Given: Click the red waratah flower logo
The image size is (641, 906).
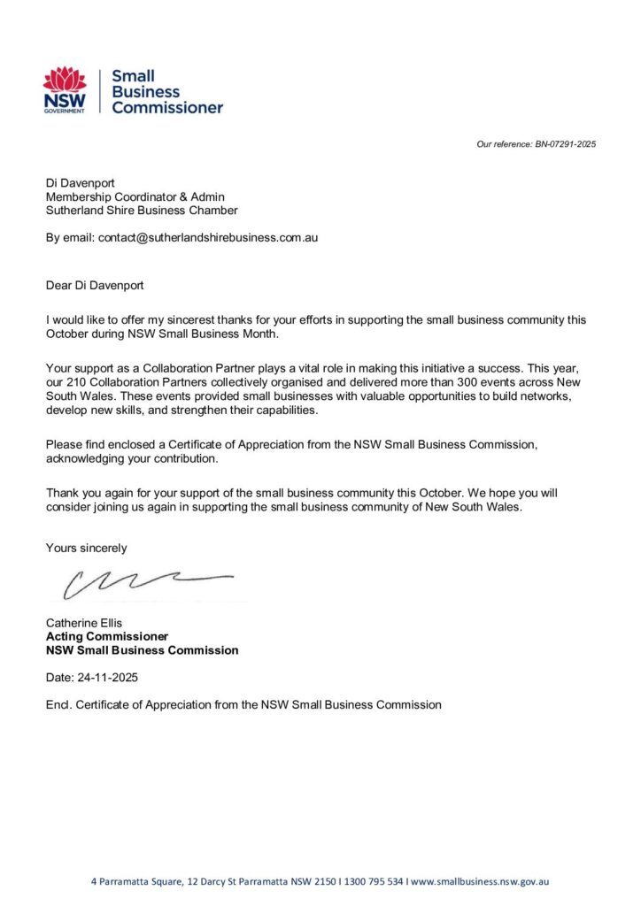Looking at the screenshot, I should tap(65, 81).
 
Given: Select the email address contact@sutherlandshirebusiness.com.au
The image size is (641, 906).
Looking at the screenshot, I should tap(208, 238).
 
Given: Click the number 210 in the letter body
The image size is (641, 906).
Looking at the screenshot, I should tap(79, 382).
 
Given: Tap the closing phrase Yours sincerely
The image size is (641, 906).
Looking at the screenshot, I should tap(86, 548).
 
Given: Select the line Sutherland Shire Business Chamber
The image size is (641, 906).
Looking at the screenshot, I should tap(142, 211).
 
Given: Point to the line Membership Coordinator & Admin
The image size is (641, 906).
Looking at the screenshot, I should tap(135, 196).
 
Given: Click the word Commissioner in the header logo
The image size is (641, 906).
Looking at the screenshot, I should tap(166, 108).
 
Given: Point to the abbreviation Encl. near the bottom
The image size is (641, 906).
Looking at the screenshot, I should tap(58, 704).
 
